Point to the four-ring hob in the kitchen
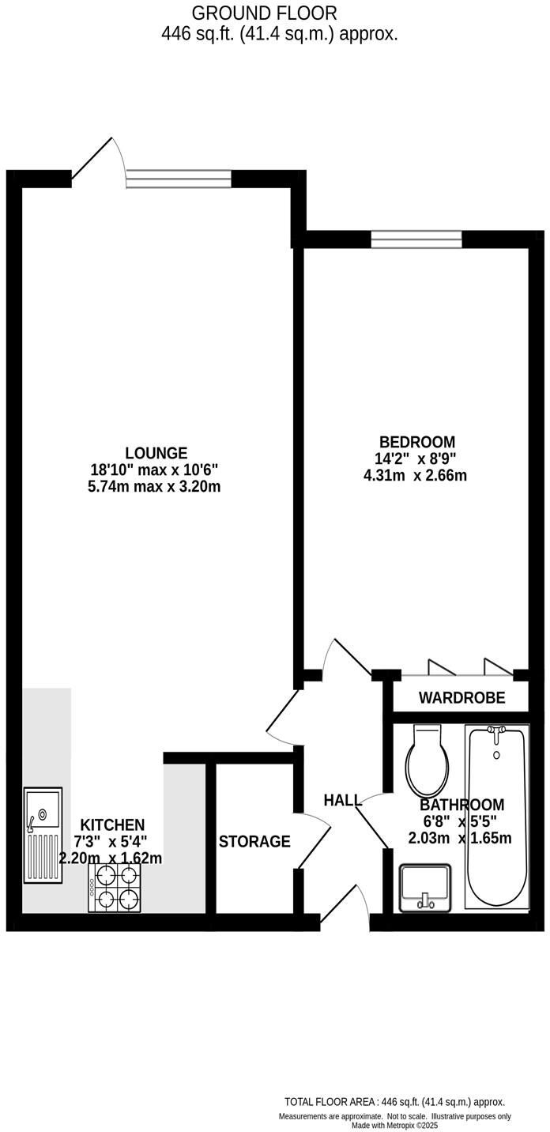pyautogui.click(x=115, y=888)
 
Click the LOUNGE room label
pyautogui.click(x=156, y=453)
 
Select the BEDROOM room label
pyautogui.click(x=417, y=442)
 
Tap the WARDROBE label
pyautogui.click(x=461, y=699)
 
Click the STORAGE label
pyautogui.click(x=254, y=842)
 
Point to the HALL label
pyautogui.click(x=342, y=800)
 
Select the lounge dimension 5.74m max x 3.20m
pyautogui.click(x=154, y=487)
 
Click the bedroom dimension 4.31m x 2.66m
pyautogui.click(x=415, y=475)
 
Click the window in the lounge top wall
pyautogui.click(x=179, y=179)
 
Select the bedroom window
pyautogui.click(x=416, y=239)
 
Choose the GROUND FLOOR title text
pyautogui.click(x=264, y=13)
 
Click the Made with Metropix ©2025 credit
pyautogui.click(x=394, y=1126)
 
